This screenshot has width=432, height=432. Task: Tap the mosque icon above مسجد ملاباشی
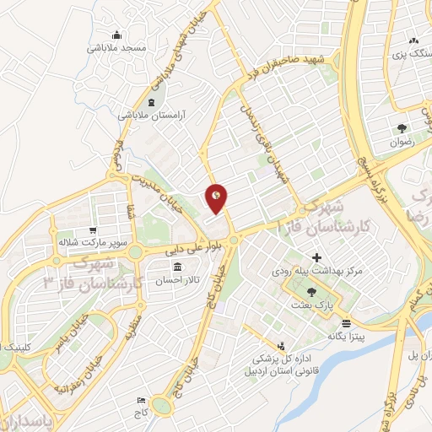pos(116,35)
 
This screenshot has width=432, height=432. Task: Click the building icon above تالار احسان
pos(176,267)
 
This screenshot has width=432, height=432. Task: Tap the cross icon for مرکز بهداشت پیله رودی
pos(317,257)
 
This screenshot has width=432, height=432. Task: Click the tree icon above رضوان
pos(402,129)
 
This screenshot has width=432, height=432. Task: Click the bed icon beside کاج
pos(141,399)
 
